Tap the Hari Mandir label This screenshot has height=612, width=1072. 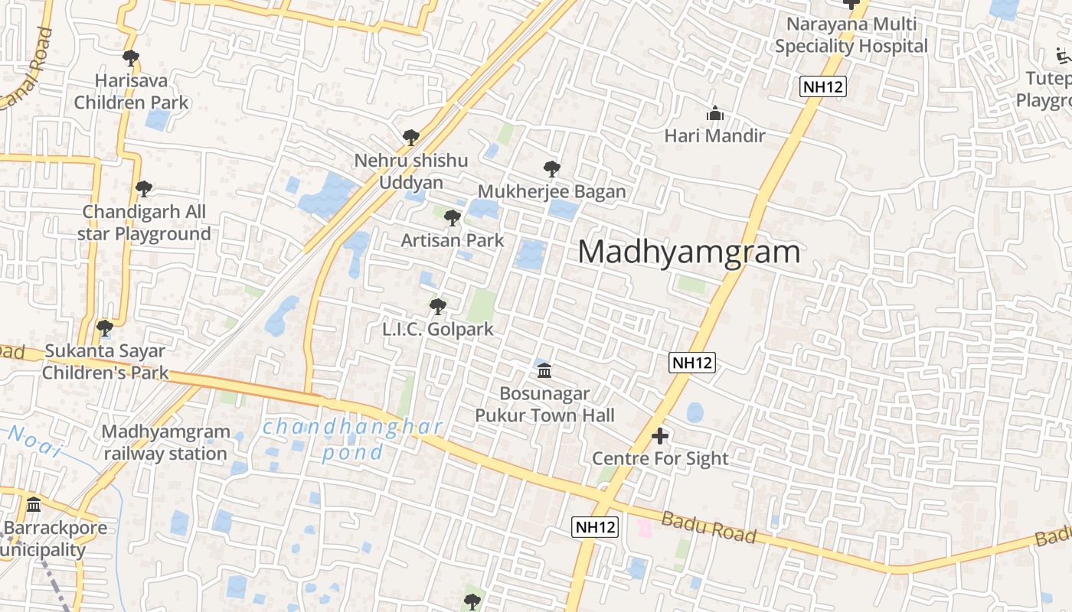click(714, 136)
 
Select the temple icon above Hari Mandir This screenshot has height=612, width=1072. click(715, 114)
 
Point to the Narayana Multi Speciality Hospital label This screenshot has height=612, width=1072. click(851, 35)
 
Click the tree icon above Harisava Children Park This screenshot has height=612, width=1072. click(131, 57)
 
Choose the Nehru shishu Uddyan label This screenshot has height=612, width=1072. click(410, 171)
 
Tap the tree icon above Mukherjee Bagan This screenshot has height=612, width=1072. click(551, 169)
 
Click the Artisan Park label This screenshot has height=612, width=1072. click(453, 240)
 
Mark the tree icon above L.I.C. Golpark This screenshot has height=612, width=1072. click(438, 307)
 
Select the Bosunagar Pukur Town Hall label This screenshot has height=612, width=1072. click(544, 405)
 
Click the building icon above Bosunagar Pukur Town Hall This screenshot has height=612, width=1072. click(544, 371)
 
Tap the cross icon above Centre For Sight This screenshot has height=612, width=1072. click(660, 437)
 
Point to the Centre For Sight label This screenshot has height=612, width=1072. click(660, 458)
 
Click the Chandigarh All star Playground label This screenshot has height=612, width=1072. click(144, 223)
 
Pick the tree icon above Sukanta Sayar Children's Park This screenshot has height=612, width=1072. click(105, 328)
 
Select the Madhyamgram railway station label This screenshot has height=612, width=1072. click(165, 442)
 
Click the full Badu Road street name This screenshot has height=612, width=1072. click(708, 528)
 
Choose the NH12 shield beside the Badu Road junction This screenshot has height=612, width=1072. click(595, 527)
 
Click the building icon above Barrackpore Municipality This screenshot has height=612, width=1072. click(34, 505)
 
